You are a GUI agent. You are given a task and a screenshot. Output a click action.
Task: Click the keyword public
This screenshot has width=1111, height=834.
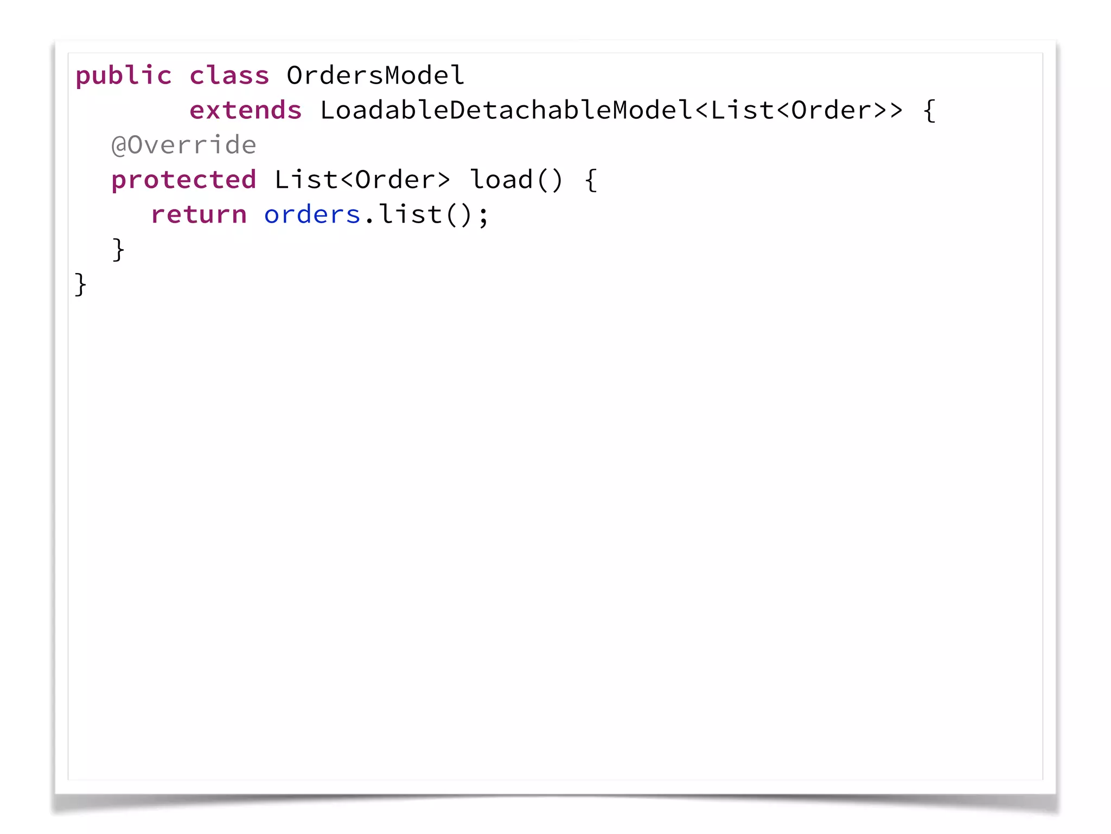(x=123, y=76)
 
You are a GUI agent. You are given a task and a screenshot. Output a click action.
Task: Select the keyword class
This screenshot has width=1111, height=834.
(x=229, y=76)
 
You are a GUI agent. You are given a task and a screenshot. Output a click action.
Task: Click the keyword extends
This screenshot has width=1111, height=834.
(x=245, y=110)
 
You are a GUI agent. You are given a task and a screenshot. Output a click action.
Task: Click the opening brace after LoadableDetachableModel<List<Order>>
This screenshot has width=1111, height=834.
(x=929, y=111)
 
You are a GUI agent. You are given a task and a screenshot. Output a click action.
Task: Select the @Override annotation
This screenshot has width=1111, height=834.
(x=183, y=145)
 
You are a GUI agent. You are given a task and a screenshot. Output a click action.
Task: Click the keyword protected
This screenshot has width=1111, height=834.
(x=183, y=180)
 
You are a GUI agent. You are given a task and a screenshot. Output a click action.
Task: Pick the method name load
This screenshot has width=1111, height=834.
(x=502, y=180)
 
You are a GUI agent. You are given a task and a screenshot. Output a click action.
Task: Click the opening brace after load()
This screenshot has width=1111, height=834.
(x=591, y=180)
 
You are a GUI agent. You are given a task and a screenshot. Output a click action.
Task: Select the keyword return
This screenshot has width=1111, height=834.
(x=199, y=214)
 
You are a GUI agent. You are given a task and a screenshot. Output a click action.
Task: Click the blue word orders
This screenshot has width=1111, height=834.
(x=312, y=215)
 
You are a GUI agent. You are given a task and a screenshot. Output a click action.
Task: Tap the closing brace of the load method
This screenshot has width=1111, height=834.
(x=118, y=250)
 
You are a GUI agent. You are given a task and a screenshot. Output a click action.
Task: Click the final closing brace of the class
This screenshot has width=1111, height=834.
(x=80, y=285)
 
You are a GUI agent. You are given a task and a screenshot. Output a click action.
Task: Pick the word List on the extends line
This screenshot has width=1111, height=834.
(x=743, y=110)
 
